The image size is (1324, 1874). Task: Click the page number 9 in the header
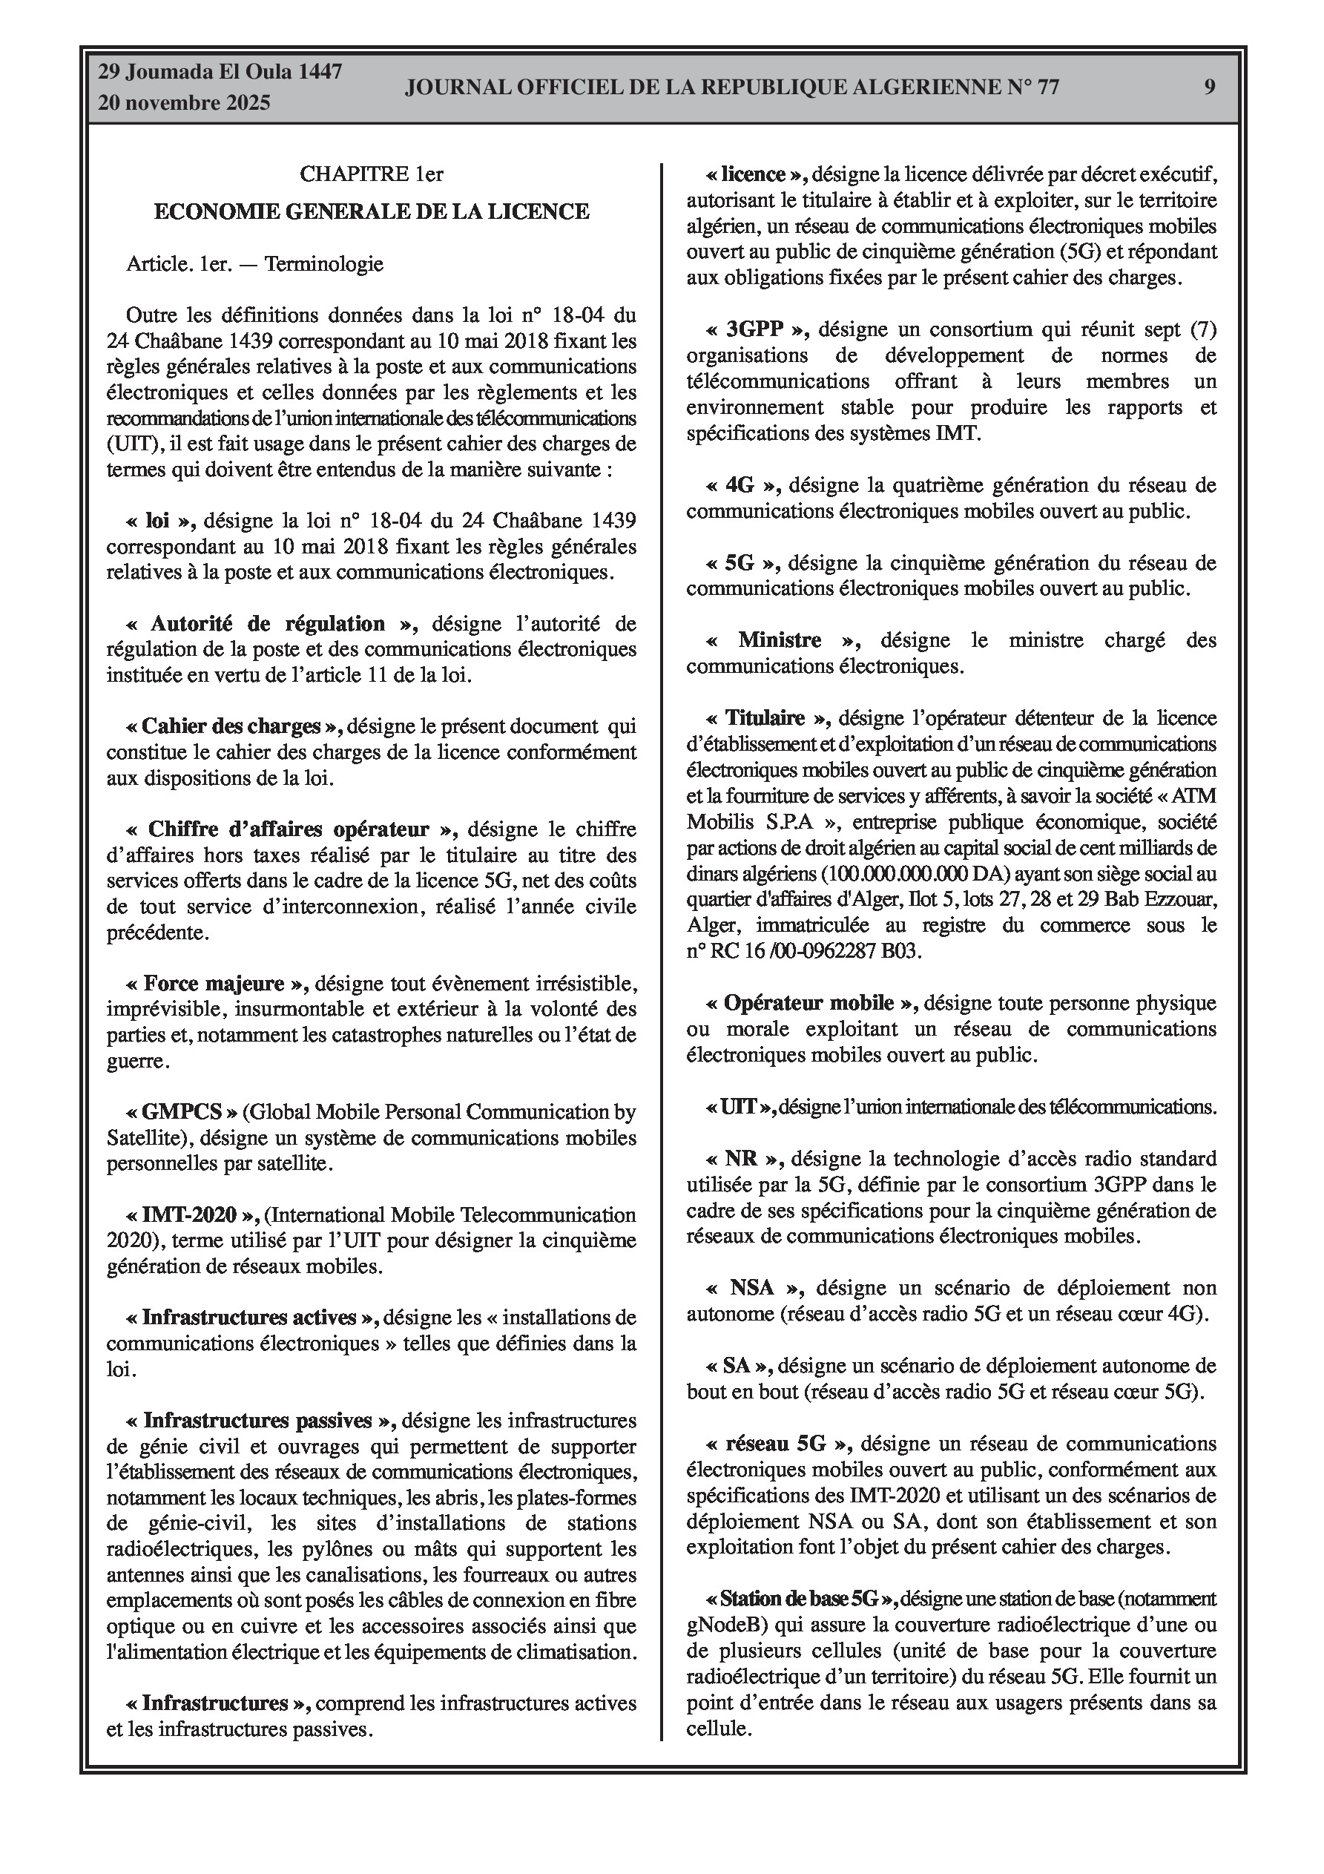pyautogui.click(x=1209, y=88)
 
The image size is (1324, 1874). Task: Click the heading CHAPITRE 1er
pyautogui.click(x=372, y=174)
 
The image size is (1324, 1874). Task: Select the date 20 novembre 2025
pyautogui.click(x=185, y=104)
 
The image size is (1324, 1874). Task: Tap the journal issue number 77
pyautogui.click(x=1047, y=88)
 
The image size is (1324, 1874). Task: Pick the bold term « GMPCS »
pyautogui.click(x=182, y=1111)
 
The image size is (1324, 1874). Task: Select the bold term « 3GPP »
pyautogui.click(x=756, y=329)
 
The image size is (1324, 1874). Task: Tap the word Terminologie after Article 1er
pyautogui.click(x=323, y=264)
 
